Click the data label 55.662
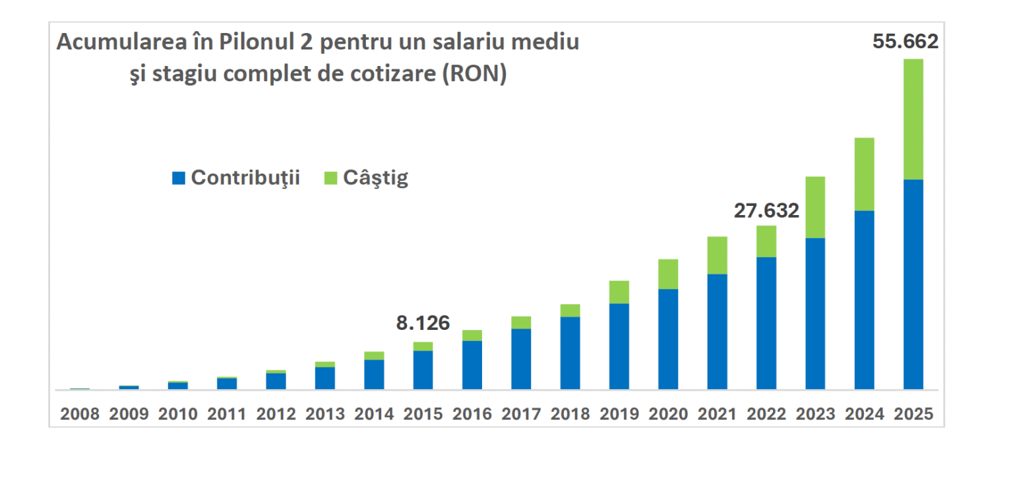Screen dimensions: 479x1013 (x=905, y=42)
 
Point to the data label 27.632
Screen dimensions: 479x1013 (x=766, y=210)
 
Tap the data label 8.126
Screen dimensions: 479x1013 (x=422, y=323)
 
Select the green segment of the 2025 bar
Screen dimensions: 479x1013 (x=913, y=119)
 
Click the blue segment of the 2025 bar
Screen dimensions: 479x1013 (x=913, y=284)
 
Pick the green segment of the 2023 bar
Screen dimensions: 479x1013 (x=815, y=207)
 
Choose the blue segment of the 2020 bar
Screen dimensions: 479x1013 (x=668, y=338)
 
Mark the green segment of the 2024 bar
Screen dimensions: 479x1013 (x=864, y=174)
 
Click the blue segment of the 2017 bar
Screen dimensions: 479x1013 (x=521, y=358)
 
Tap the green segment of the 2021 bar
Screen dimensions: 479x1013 (x=717, y=255)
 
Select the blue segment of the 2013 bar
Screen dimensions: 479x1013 (x=324, y=377)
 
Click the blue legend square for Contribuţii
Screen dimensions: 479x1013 (x=178, y=178)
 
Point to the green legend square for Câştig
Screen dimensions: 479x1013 (x=330, y=178)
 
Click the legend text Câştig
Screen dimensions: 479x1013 (x=375, y=178)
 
